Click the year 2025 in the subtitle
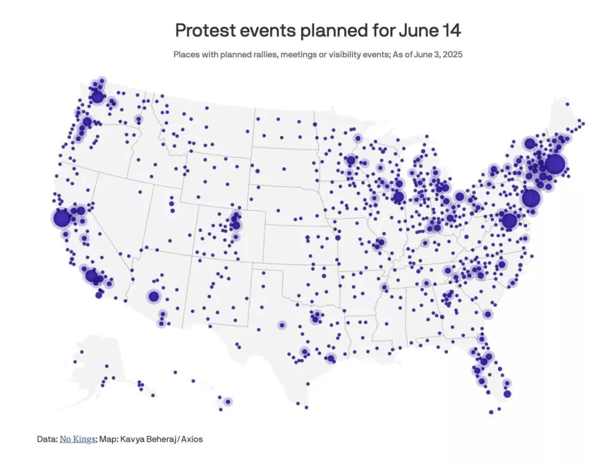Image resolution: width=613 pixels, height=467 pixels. click(x=451, y=54)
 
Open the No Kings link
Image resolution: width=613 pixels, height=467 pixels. click(x=77, y=439)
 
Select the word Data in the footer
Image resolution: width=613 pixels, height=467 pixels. click(x=46, y=439)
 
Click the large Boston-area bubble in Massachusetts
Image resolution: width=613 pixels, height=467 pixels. click(x=555, y=163)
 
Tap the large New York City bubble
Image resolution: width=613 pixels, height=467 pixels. click(x=530, y=199)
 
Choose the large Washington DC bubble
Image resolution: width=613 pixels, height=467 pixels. click(x=509, y=221)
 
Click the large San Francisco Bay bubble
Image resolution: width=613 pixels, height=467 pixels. click(x=61, y=218)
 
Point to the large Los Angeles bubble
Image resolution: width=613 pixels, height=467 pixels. click(x=92, y=276)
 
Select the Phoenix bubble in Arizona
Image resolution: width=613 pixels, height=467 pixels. click(x=154, y=296)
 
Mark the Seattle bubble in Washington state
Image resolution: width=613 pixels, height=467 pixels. click(x=97, y=96)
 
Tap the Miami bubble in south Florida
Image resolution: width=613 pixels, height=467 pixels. click(x=508, y=393)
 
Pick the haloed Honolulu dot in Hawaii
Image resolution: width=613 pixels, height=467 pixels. click(x=227, y=402)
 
